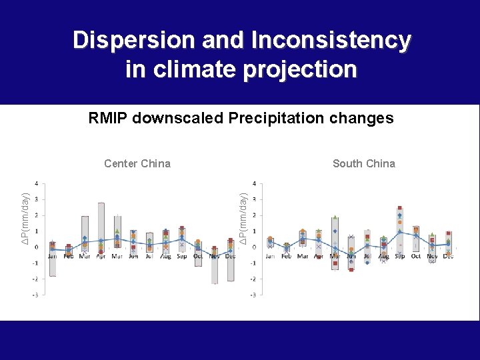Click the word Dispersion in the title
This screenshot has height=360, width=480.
(123, 41)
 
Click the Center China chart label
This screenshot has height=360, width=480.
(137, 163)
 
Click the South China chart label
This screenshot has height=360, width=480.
(363, 163)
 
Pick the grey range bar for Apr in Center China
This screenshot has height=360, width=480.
(101, 227)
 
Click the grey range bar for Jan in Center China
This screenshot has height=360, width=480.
(53, 260)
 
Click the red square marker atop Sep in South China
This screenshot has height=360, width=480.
(399, 208)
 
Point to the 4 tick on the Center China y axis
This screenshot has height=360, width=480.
(36, 183)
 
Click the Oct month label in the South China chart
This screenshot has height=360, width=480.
(416, 256)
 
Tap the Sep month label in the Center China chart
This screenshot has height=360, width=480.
(181, 256)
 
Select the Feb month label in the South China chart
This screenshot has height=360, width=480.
(286, 256)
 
